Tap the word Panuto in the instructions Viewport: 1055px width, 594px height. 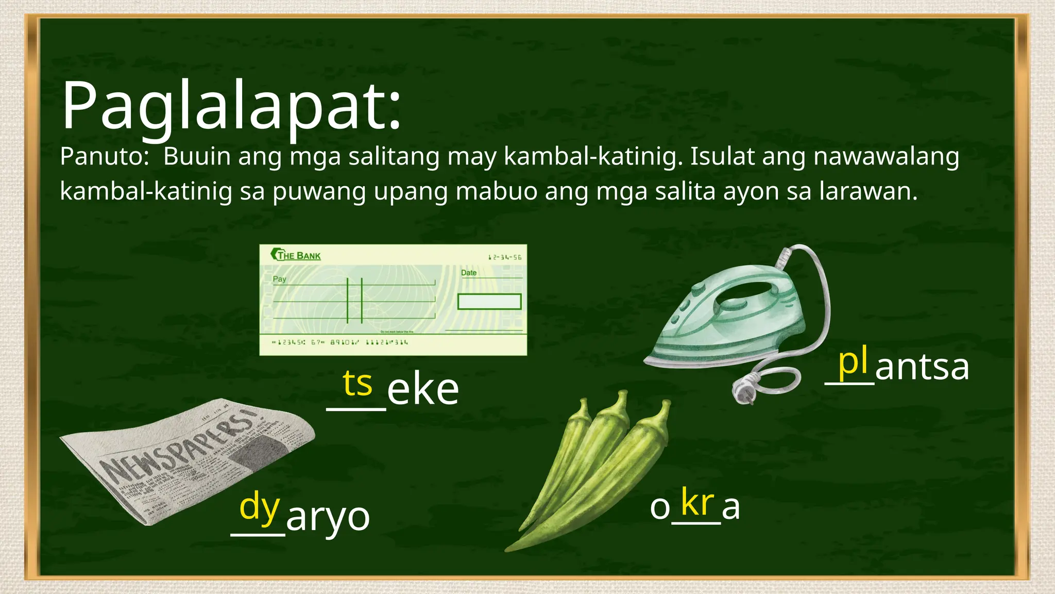pos(104,156)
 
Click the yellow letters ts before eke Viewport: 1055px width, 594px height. pos(357,384)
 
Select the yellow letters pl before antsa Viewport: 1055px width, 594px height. pos(853,362)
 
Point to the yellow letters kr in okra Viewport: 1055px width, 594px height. pos(697,502)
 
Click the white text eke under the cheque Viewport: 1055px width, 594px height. pos(422,390)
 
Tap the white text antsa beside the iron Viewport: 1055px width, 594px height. pos(922,367)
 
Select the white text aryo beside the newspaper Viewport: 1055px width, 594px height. pos(328,517)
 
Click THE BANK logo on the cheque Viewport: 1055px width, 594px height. pos(296,255)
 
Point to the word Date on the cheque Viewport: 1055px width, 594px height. pos(469,273)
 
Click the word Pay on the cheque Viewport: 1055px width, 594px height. pos(279,279)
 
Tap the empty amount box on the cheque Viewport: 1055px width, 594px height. pos(489,302)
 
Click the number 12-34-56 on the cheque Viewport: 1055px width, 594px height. pos(504,257)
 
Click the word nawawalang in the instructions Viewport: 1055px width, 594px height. pos(886,156)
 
